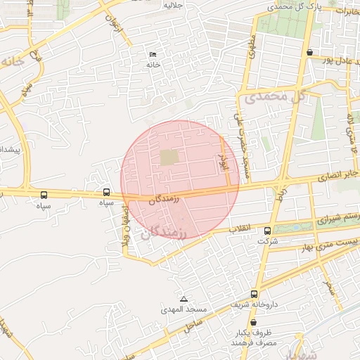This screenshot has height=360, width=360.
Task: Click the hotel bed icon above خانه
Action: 153,55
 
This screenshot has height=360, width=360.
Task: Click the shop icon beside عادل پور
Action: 310,51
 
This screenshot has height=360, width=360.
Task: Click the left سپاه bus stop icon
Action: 44,195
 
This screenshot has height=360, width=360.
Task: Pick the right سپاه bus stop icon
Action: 106,192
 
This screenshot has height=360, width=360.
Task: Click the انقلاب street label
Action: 241,229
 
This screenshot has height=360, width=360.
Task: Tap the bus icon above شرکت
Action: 267,231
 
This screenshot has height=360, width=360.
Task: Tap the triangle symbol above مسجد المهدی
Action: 184,299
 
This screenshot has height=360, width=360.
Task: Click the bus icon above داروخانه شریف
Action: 254,294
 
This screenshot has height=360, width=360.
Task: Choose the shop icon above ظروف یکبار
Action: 254,323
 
